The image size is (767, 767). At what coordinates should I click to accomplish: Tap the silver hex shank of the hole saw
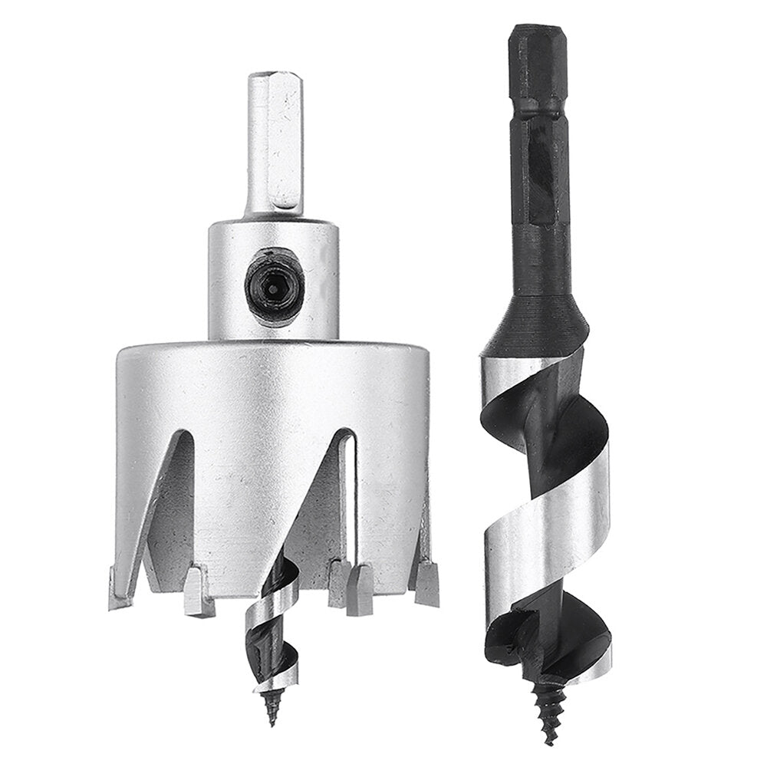tap(273, 146)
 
